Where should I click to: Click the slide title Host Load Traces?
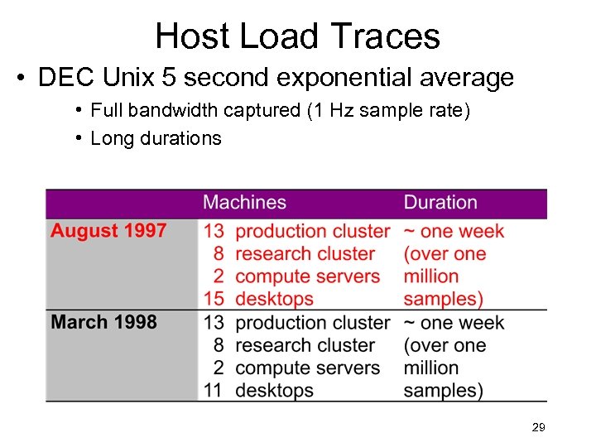tap(297, 36)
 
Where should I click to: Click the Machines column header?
tap(244, 203)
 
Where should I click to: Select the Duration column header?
tap(440, 203)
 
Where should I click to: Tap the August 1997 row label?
tap(108, 231)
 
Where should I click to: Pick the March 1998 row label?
tap(103, 322)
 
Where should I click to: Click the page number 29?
tap(538, 428)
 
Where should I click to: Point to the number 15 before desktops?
tap(213, 299)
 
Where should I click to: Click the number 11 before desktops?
tap(213, 390)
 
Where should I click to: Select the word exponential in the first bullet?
tap(331, 79)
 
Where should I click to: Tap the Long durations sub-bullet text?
tap(156, 138)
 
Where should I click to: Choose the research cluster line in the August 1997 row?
tap(305, 254)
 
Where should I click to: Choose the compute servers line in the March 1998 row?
tap(307, 368)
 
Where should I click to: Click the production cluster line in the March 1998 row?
tap(312, 322)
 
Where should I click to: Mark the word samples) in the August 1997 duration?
tap(443, 299)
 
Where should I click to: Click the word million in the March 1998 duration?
tap(430, 368)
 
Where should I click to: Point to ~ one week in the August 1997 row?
tap(454, 231)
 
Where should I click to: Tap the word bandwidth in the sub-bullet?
tap(168, 110)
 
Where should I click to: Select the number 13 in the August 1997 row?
tap(213, 231)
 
